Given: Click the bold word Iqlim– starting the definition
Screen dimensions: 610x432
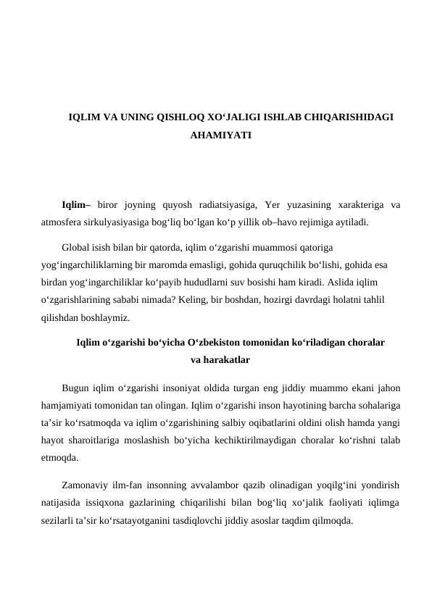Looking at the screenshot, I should [76, 204].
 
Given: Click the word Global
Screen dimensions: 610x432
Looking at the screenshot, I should [77, 247].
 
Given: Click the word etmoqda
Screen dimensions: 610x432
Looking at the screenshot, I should [60, 458].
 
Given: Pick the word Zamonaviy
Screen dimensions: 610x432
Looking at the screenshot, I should [86, 486].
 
